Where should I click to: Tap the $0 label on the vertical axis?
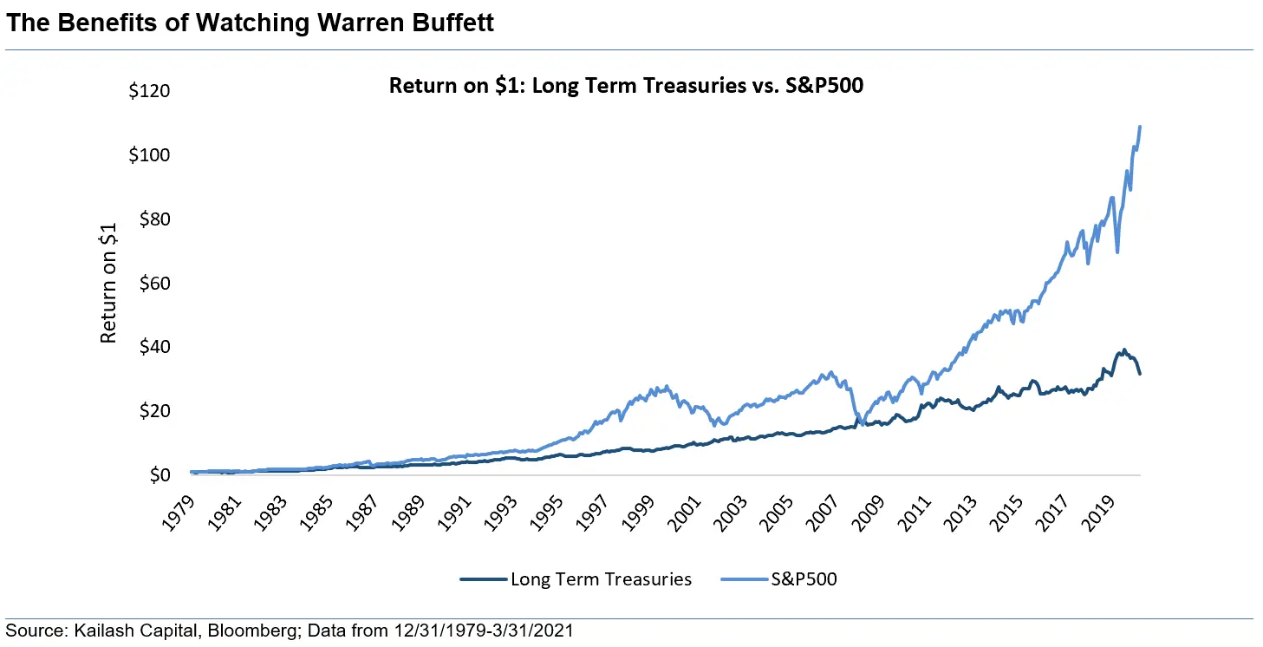pyautogui.click(x=160, y=475)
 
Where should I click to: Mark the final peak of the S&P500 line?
pyautogui.click(x=1140, y=127)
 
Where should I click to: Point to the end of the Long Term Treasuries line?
pyautogui.click(x=1140, y=374)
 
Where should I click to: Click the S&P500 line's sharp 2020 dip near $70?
pyautogui.click(x=1117, y=252)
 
